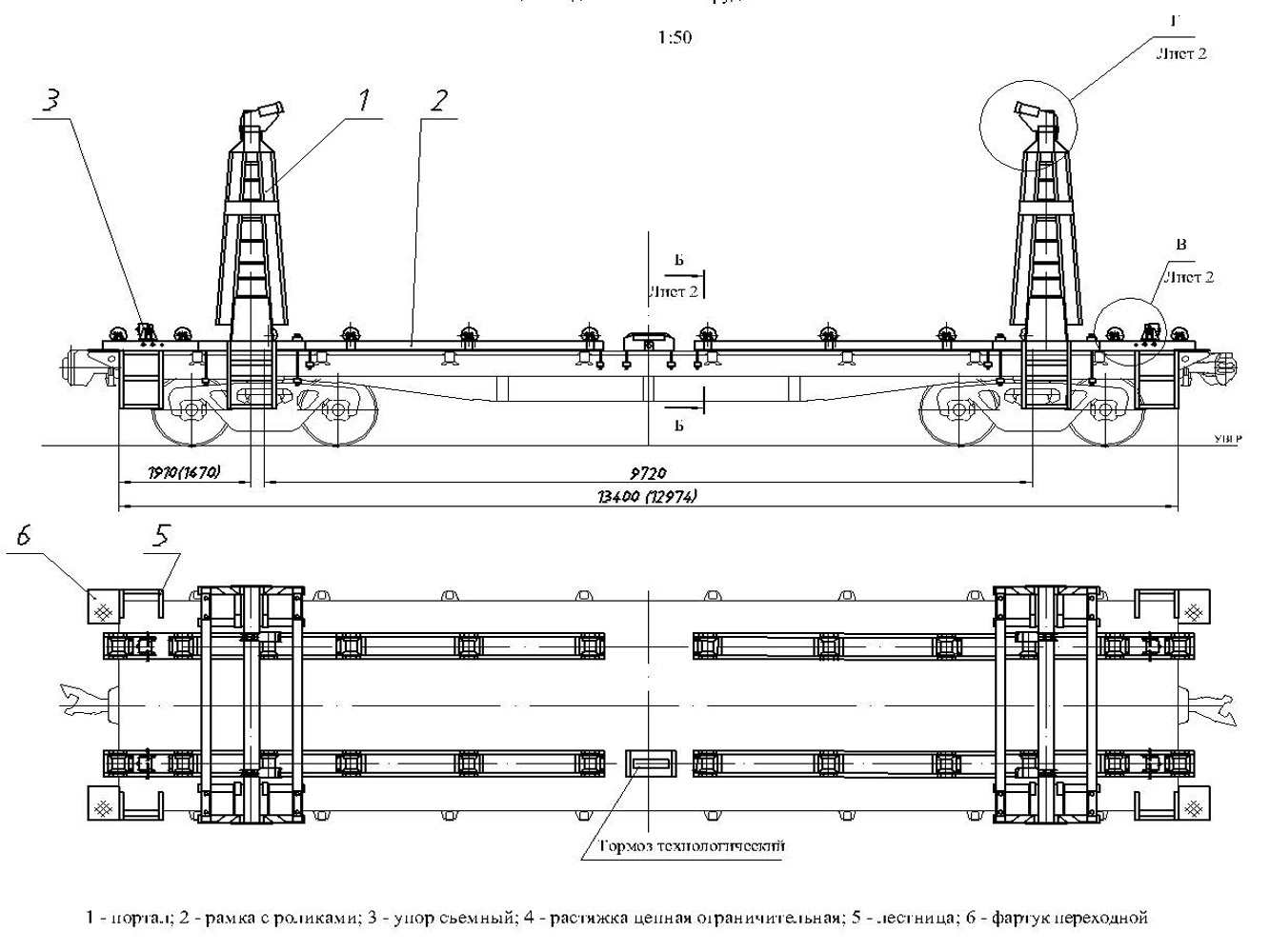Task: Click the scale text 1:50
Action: coord(674,38)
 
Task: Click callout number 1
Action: coord(363,99)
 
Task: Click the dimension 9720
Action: coord(648,472)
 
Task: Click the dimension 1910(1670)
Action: coord(186,472)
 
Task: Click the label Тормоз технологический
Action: coord(693,845)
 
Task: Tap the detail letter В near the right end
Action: coord(1181,246)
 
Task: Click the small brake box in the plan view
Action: coord(652,763)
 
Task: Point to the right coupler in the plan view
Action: coord(1212,705)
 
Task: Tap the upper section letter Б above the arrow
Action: coord(678,259)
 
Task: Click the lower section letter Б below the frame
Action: coord(678,426)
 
